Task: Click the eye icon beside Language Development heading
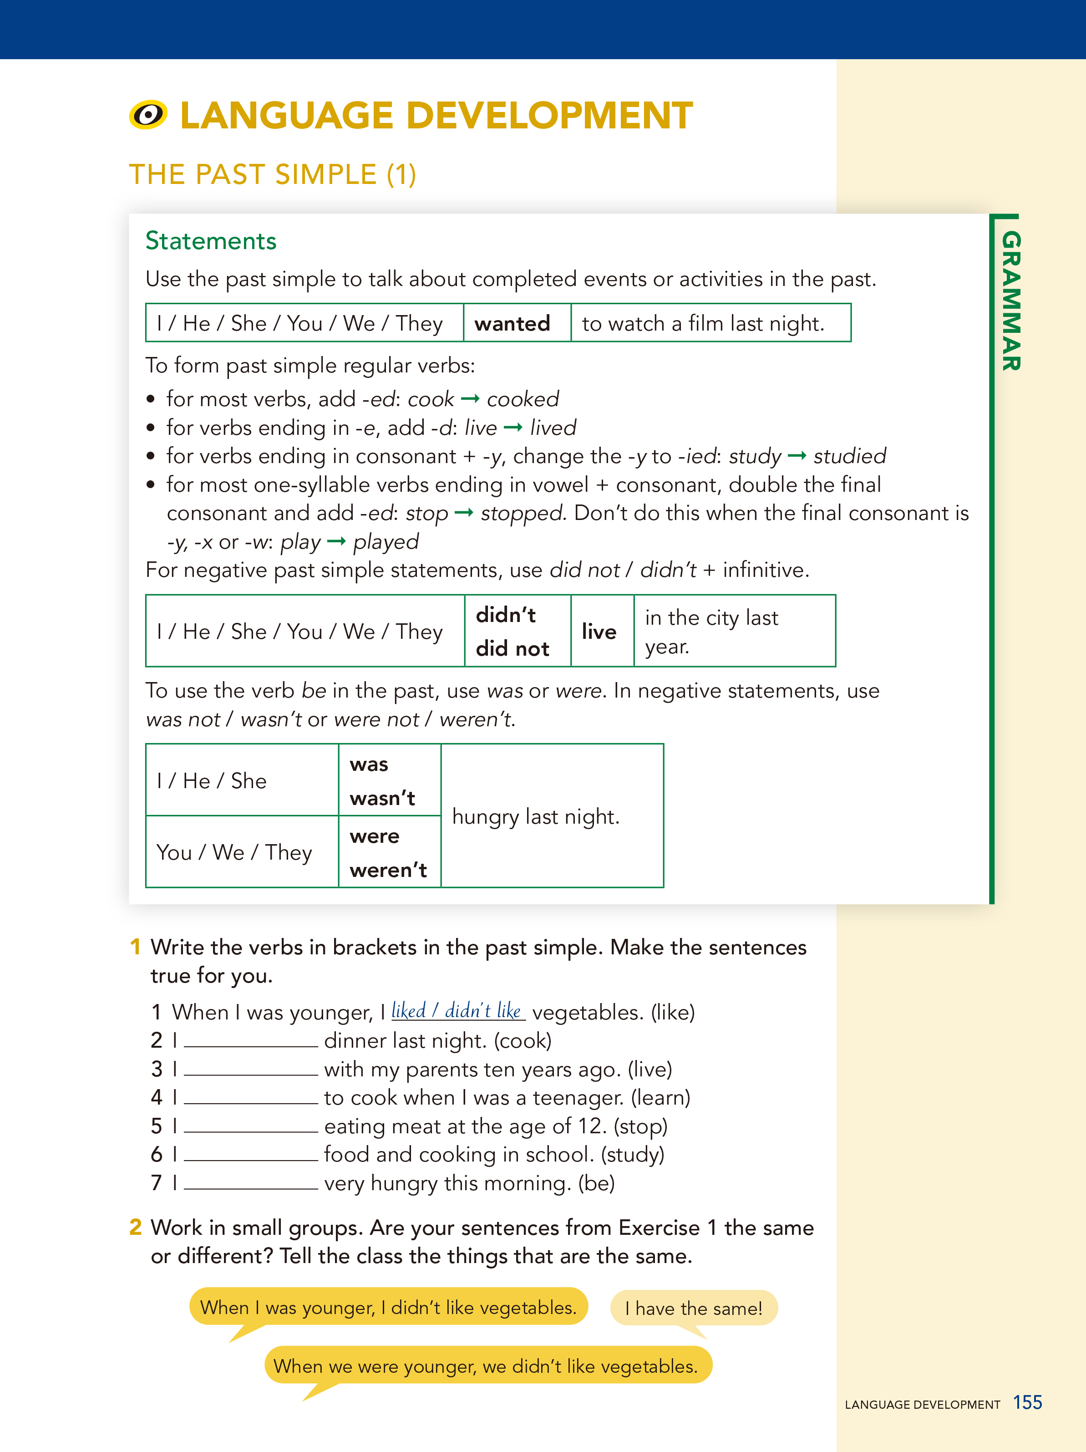coord(148,116)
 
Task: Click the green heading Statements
coord(211,241)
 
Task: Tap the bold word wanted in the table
coord(512,324)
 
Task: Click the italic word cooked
coord(523,399)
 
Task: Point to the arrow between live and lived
coord(513,428)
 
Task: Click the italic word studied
coord(849,456)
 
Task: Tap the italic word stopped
coord(523,513)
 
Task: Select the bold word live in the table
coord(599,632)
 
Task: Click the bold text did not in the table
coord(513,648)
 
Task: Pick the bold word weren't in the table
coord(388,871)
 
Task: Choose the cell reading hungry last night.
coord(535,816)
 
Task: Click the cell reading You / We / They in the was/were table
coord(234,852)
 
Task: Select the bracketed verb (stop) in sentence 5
coord(640,1126)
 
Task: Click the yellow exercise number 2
coord(136,1227)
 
